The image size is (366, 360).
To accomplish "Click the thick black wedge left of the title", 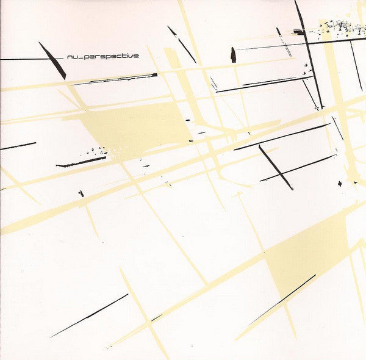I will pos(52,61).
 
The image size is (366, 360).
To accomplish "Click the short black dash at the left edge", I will pos(18,146).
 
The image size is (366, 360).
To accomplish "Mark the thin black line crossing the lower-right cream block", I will pos(284,298).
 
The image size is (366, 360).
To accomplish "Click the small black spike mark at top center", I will pos(232,55).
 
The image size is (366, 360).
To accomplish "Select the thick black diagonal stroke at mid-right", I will pos(276,167).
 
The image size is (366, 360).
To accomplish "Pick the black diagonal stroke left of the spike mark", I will pos(182,44).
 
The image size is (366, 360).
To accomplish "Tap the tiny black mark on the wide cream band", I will pos(81,193).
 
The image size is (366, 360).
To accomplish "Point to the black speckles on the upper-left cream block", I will pos(98,150).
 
